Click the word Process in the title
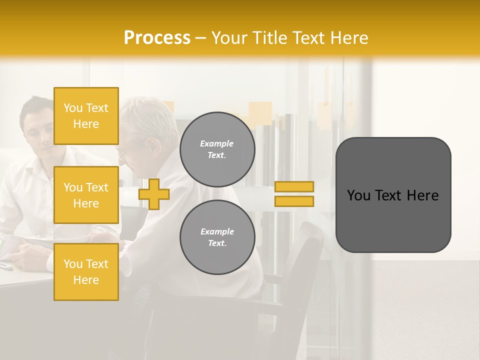(157, 37)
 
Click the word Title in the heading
(270, 38)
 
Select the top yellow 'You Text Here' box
(86, 116)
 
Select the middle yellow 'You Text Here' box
(86, 195)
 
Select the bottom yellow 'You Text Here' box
(86, 272)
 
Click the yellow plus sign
(154, 194)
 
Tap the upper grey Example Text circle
(217, 149)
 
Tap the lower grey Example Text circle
(217, 237)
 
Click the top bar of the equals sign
(294, 186)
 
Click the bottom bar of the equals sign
(294, 201)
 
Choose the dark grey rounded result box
(393, 194)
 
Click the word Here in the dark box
(422, 195)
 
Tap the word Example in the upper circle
(217, 143)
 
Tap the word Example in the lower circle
(217, 231)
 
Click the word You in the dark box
(358, 195)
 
